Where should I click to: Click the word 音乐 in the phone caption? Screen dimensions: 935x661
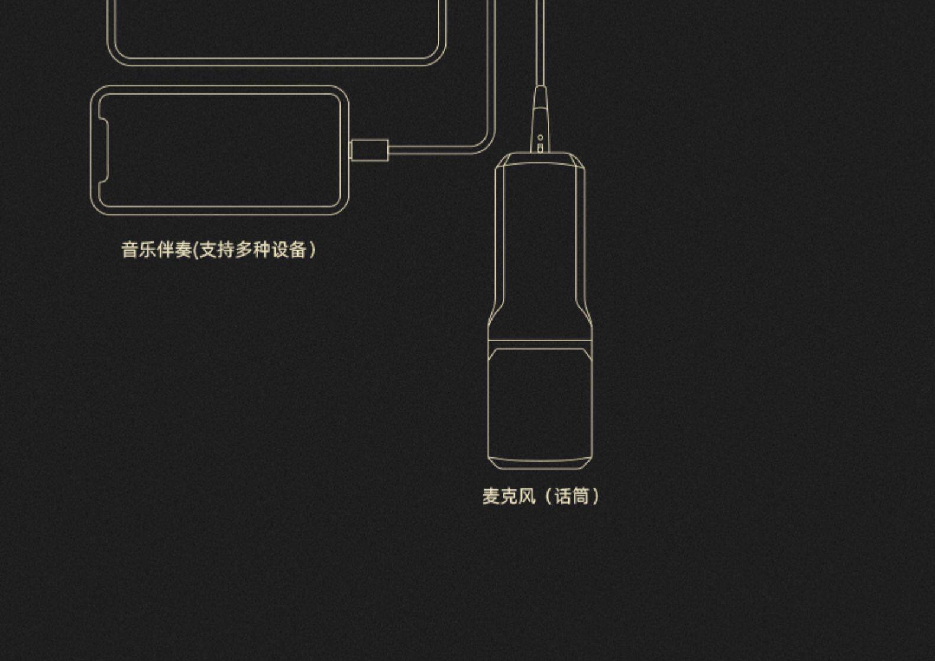point(139,250)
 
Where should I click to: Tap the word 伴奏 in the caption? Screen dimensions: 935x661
point(174,250)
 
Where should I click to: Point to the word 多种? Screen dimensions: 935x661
point(253,250)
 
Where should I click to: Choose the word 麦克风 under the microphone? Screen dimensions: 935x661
point(509,496)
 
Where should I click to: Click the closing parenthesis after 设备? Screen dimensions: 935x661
point(313,250)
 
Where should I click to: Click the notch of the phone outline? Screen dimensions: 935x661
point(104,150)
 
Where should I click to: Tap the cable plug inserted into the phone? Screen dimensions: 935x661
point(369,150)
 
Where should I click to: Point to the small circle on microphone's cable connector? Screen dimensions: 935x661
point(541,137)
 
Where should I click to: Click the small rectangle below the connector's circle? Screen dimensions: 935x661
point(540,148)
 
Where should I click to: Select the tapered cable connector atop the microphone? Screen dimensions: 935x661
point(541,119)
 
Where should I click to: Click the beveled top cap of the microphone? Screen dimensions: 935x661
point(540,160)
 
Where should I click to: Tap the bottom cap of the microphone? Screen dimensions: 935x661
point(540,463)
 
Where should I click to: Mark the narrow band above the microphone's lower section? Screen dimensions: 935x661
point(540,344)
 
